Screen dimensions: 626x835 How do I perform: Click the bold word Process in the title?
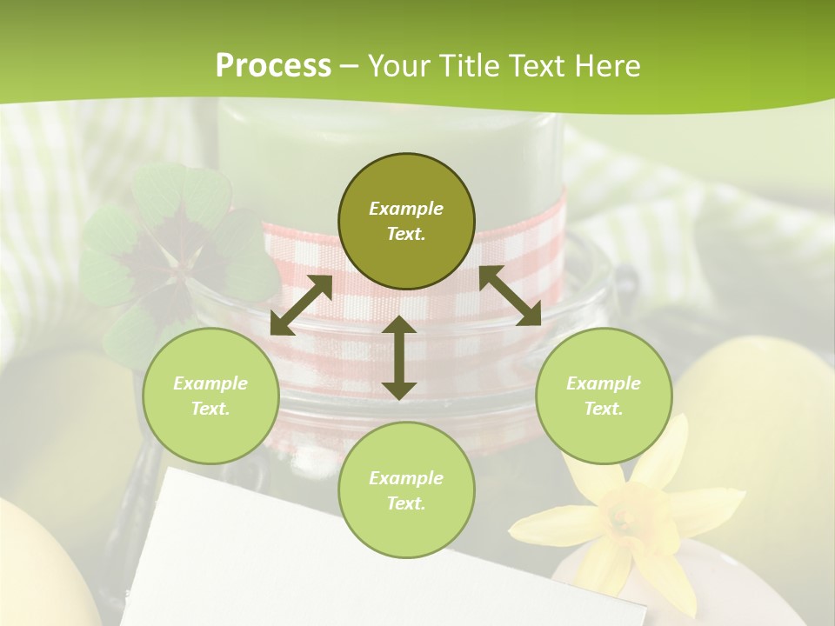(273, 66)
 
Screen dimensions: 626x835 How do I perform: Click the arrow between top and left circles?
(301, 305)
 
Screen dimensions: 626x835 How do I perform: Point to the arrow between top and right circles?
(510, 296)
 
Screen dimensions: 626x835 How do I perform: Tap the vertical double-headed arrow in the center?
(399, 357)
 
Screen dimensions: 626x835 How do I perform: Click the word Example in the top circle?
(406, 209)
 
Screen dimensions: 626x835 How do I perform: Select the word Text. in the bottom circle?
(406, 503)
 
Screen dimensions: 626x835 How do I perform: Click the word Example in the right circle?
(604, 383)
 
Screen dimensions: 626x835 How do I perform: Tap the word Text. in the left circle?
(210, 409)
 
